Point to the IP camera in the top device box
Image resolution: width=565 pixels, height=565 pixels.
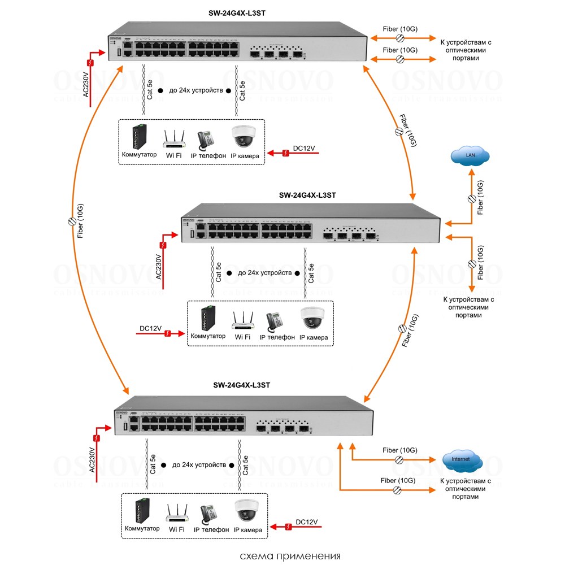(244, 137)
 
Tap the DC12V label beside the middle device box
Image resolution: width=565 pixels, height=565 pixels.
(151, 328)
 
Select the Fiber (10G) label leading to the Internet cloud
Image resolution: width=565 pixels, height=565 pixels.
(399, 450)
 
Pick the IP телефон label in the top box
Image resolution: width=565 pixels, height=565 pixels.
(211, 156)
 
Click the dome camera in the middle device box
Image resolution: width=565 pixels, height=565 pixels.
(312, 318)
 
